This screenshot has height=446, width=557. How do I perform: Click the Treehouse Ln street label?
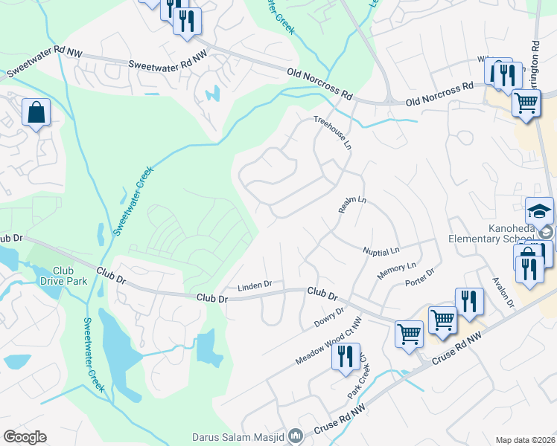pos(332,132)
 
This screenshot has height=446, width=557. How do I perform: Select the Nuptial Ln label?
pos(381,251)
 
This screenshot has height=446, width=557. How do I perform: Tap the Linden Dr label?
pos(255,285)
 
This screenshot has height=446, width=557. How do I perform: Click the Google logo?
pos(25,437)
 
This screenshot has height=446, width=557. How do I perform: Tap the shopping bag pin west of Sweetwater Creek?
pos(36,114)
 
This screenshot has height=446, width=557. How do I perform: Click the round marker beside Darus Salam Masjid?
pos(296,436)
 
